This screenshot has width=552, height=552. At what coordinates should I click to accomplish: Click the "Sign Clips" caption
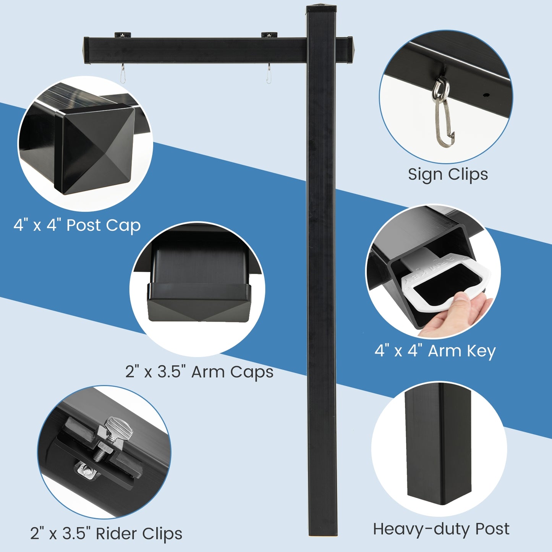[x=448, y=175]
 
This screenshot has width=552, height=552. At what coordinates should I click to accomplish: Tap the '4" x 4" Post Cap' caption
[x=77, y=225]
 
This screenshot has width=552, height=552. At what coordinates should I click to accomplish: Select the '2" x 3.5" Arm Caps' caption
[x=199, y=372]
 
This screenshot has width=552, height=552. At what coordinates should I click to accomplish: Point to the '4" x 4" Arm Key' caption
[x=435, y=351]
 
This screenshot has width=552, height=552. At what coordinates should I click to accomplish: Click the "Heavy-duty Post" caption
[x=441, y=529]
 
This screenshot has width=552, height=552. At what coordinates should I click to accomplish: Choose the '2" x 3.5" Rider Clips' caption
[x=106, y=534]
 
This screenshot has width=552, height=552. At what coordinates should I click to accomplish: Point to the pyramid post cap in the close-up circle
[x=96, y=149]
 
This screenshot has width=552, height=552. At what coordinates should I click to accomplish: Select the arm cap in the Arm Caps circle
[x=199, y=302]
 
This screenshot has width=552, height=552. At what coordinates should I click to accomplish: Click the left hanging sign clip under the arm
[x=122, y=74]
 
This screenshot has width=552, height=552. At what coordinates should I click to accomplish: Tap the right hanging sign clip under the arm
[x=269, y=74]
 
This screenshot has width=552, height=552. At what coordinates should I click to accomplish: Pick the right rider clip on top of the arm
[x=269, y=35]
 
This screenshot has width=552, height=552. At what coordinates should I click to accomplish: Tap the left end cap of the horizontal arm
[x=86, y=50]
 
